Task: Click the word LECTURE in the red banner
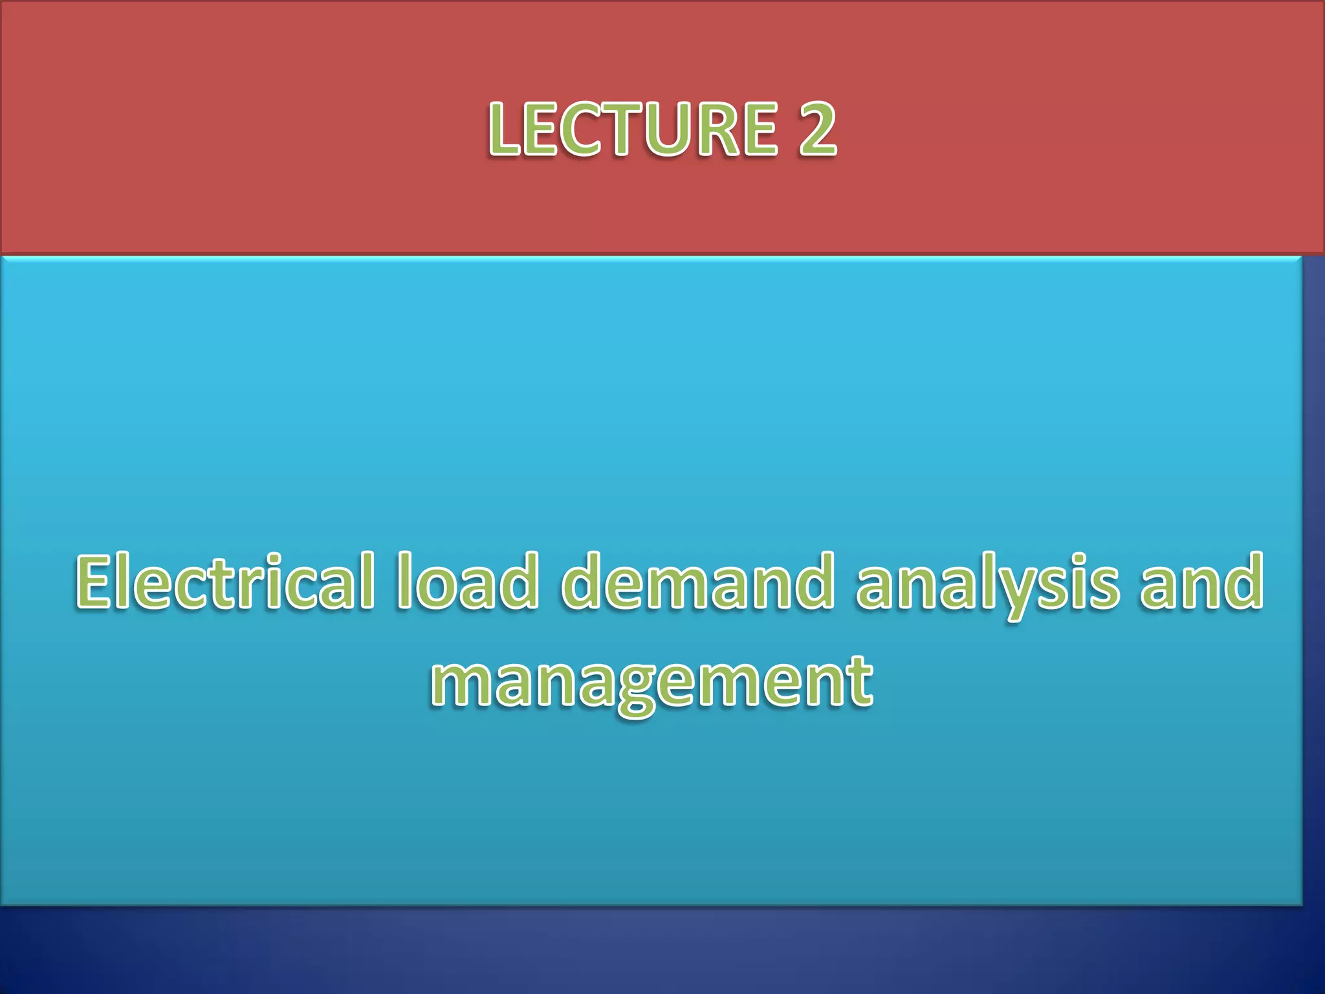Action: click(x=633, y=129)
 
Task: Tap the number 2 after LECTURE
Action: click(x=816, y=129)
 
